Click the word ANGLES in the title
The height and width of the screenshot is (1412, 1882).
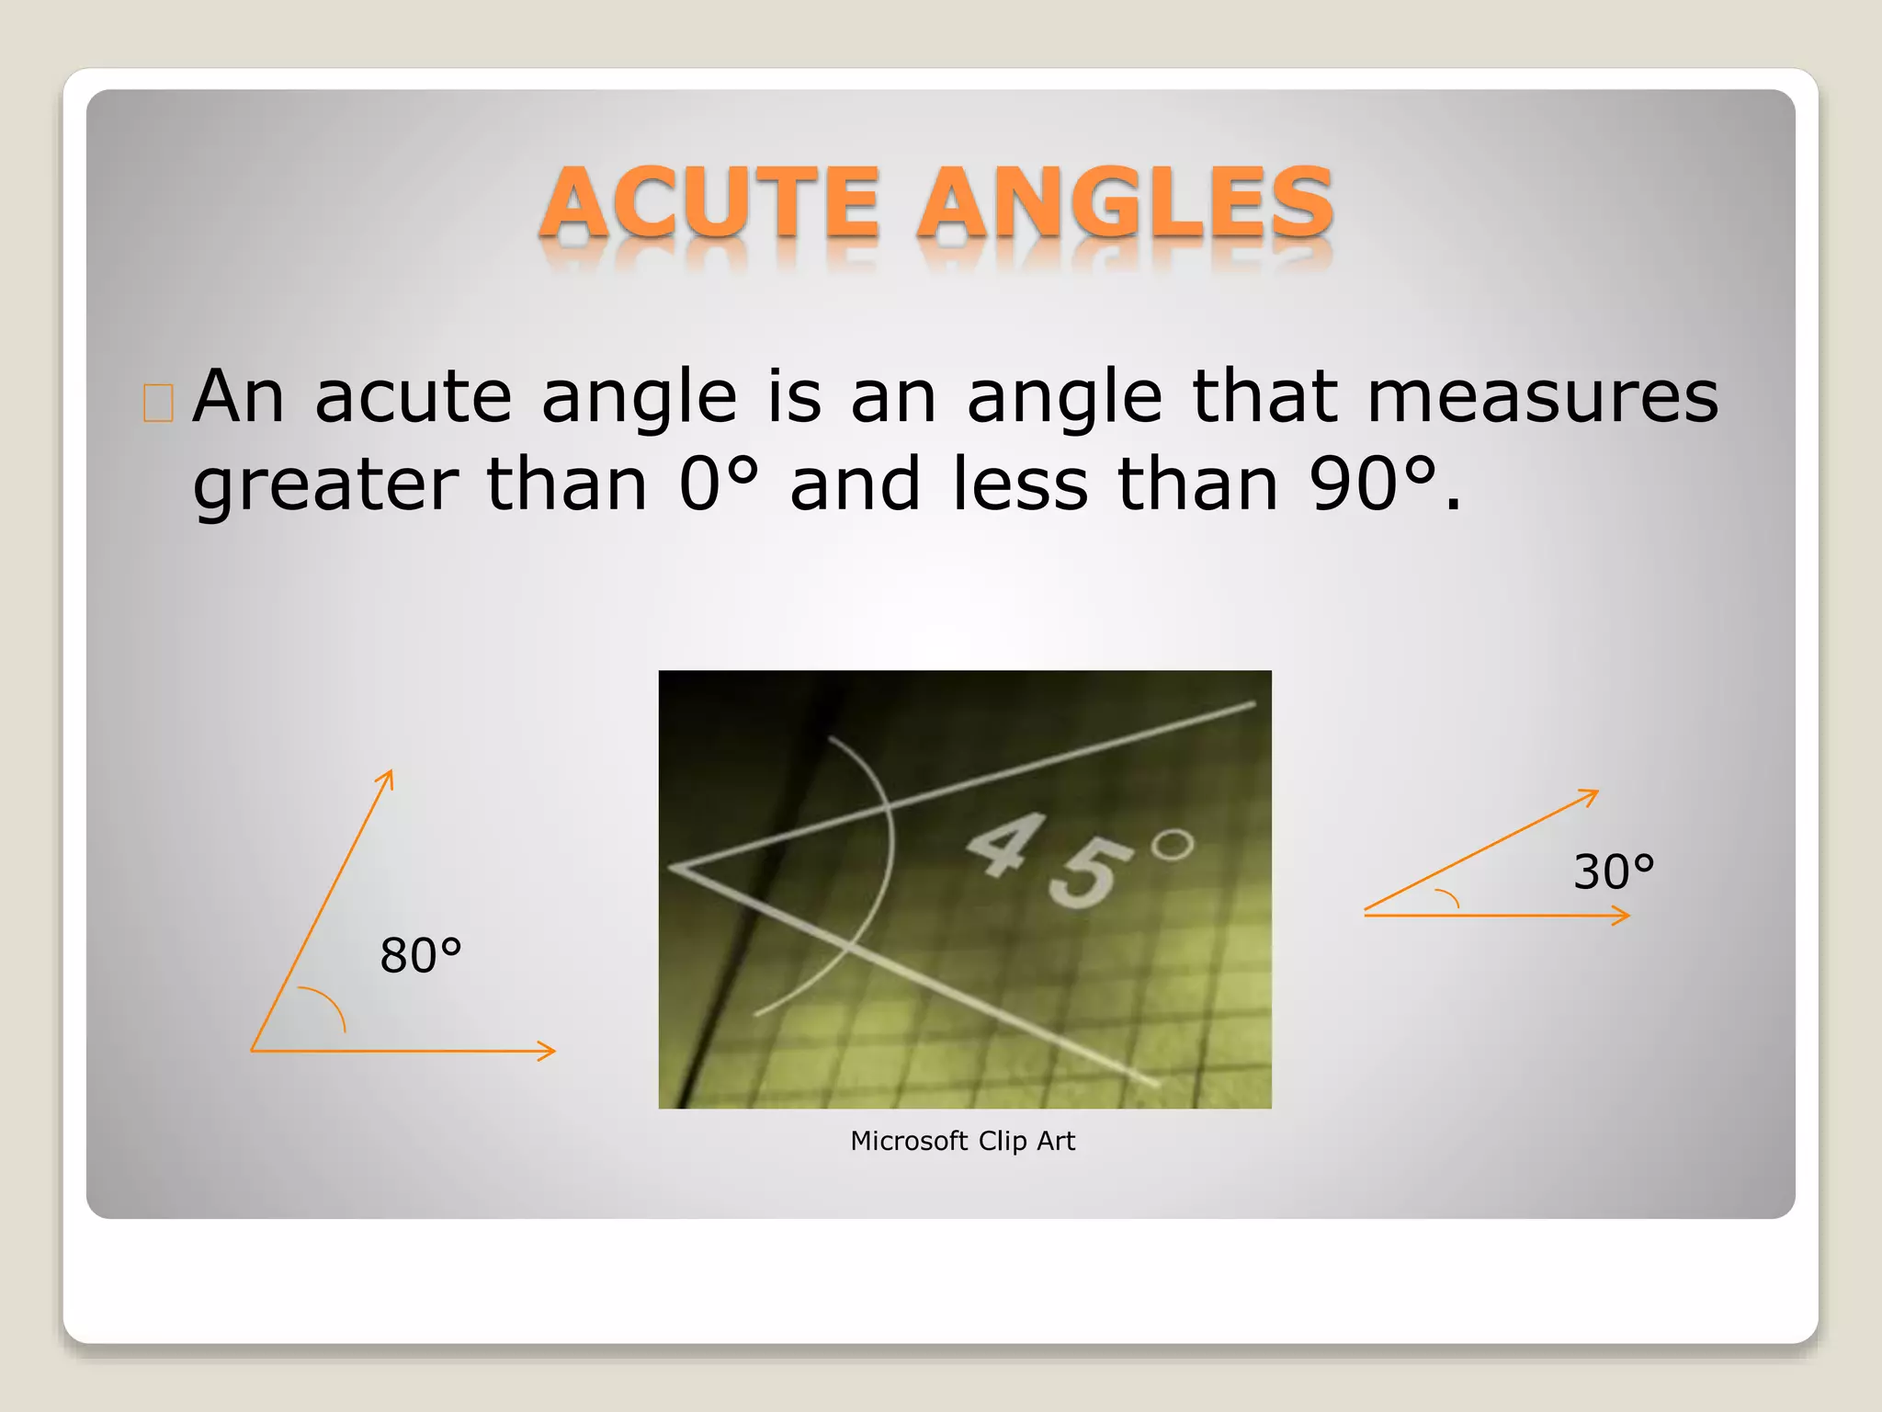point(1125,203)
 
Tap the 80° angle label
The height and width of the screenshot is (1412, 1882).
point(420,955)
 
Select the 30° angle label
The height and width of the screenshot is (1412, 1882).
point(1614,871)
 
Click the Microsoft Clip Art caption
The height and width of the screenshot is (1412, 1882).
point(962,1141)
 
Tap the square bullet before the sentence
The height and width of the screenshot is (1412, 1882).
point(158,403)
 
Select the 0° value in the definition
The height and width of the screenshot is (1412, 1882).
point(719,484)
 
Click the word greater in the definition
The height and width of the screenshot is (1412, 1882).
point(325,487)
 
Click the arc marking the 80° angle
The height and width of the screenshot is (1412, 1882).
point(329,1004)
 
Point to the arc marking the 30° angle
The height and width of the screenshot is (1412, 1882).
point(1449,897)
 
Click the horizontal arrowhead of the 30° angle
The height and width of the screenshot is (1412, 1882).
point(1623,916)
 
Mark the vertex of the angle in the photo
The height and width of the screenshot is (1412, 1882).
point(674,867)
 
